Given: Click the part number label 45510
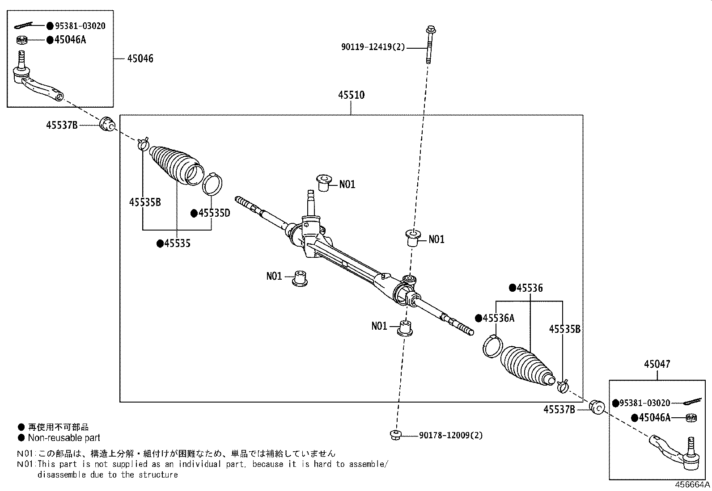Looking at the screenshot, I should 351,95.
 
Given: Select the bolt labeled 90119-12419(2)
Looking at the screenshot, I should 429,45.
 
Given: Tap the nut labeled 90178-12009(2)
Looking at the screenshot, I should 395,434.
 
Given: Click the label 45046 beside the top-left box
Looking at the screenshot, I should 140,59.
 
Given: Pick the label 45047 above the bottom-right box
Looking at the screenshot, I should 657,364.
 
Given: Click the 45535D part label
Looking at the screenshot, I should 214,213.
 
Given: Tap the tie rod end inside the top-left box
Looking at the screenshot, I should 38,83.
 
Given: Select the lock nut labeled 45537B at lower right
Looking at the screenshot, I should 597,407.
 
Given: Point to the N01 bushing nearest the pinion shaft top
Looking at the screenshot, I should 323,182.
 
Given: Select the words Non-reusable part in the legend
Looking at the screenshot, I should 64,438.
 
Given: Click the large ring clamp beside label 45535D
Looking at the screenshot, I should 212,184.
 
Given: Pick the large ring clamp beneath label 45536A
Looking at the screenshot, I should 493,346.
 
